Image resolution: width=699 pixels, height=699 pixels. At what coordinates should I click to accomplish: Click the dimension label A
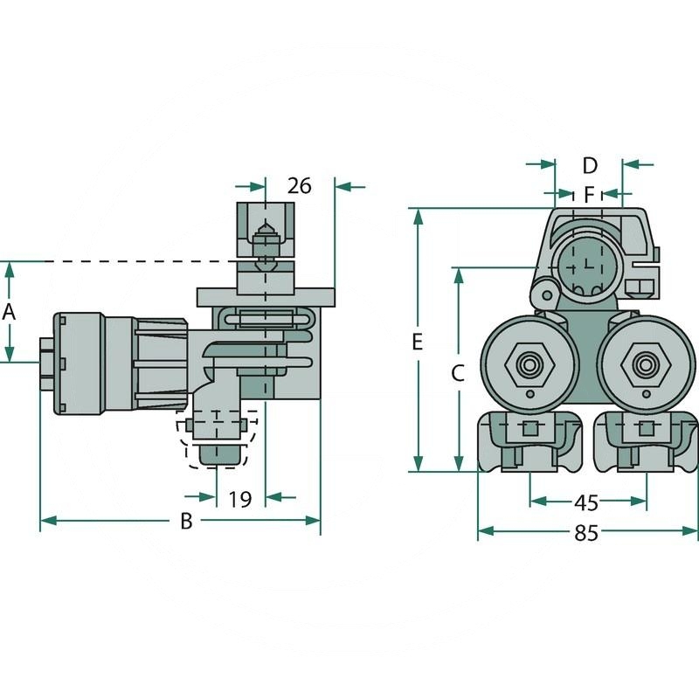pos(10,311)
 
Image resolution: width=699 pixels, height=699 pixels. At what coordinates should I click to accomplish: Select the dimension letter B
pos(185,522)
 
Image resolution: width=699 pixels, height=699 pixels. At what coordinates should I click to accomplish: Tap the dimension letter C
pos(457,374)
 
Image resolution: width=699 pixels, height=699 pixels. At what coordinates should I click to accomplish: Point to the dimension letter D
pos(589,165)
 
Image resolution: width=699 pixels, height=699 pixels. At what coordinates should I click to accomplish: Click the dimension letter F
pos(589,192)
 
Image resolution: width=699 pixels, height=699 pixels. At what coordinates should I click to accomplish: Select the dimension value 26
pos(300,186)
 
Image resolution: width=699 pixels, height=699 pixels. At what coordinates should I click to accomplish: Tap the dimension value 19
pos(240,499)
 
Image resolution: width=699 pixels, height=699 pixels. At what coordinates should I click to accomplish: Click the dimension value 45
pos(586,503)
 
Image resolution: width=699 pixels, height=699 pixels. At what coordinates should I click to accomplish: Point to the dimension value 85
pos(586,532)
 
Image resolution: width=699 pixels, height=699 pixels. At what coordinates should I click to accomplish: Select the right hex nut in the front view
pos(646,363)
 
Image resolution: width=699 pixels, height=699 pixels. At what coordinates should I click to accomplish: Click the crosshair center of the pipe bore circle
pos(586,263)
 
